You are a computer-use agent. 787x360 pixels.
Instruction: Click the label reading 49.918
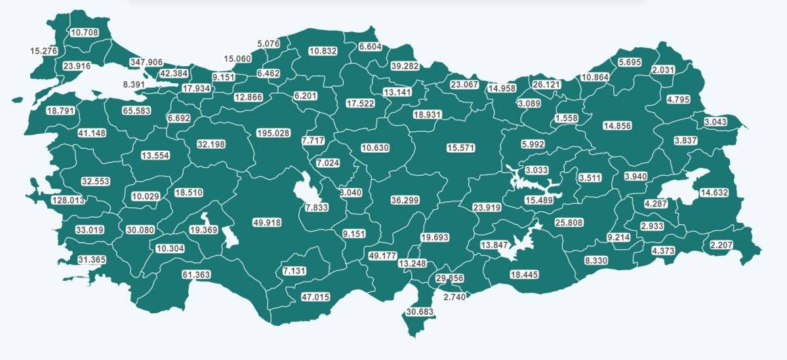(x=266, y=223)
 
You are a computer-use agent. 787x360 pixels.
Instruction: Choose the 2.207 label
(x=723, y=246)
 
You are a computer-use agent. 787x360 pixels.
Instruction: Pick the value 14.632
(x=714, y=193)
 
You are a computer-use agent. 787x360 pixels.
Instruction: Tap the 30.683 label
(x=420, y=311)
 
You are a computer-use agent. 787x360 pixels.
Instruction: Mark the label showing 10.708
(x=84, y=31)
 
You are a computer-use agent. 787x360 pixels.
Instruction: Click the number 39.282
(x=405, y=66)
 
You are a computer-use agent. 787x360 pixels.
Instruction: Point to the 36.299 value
(x=405, y=200)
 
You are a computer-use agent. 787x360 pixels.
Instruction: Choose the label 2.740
(x=454, y=298)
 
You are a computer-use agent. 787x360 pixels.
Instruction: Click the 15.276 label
(x=44, y=50)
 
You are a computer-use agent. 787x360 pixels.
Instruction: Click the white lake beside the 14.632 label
(x=682, y=187)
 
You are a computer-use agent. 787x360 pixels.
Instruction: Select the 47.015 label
(x=315, y=297)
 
